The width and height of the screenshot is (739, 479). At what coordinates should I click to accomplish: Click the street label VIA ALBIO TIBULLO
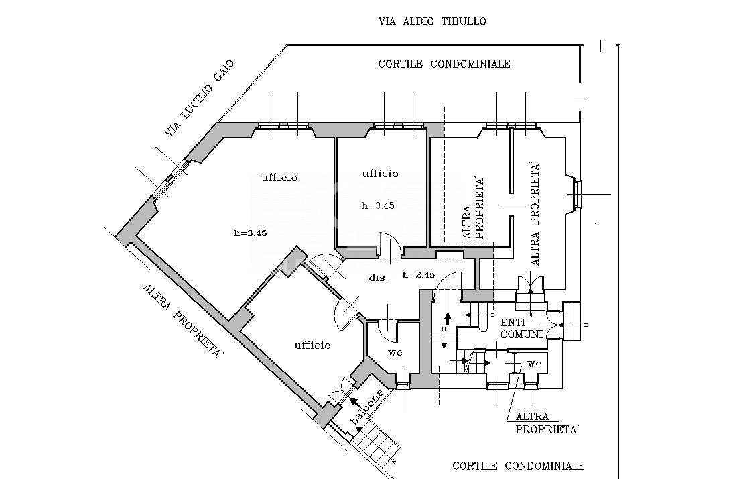click(431, 21)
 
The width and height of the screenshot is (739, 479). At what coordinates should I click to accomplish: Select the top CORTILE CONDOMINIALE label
click(444, 64)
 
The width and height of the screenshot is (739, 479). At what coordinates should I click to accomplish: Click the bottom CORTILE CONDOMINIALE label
click(519, 466)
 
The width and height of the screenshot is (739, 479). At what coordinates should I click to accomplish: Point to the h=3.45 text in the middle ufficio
click(378, 205)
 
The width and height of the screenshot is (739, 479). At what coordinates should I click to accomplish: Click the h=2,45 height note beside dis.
click(419, 275)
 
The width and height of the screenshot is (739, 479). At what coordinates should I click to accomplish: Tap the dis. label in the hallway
click(379, 278)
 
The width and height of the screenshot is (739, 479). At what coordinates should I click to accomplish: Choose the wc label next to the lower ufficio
click(395, 352)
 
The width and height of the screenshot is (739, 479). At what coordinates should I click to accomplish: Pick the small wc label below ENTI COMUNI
click(535, 364)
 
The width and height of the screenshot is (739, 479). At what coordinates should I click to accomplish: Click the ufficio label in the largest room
click(279, 177)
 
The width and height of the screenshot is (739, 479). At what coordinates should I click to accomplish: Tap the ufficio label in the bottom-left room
click(312, 345)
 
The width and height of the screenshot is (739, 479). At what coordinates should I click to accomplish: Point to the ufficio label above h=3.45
click(380, 173)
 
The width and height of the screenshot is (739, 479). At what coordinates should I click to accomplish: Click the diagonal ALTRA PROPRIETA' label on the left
click(182, 321)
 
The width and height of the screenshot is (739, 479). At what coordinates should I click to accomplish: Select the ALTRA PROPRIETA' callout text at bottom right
click(547, 423)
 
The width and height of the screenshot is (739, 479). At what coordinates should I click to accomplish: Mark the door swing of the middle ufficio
click(390, 244)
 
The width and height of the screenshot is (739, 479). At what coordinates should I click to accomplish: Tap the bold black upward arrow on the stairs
click(447, 319)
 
